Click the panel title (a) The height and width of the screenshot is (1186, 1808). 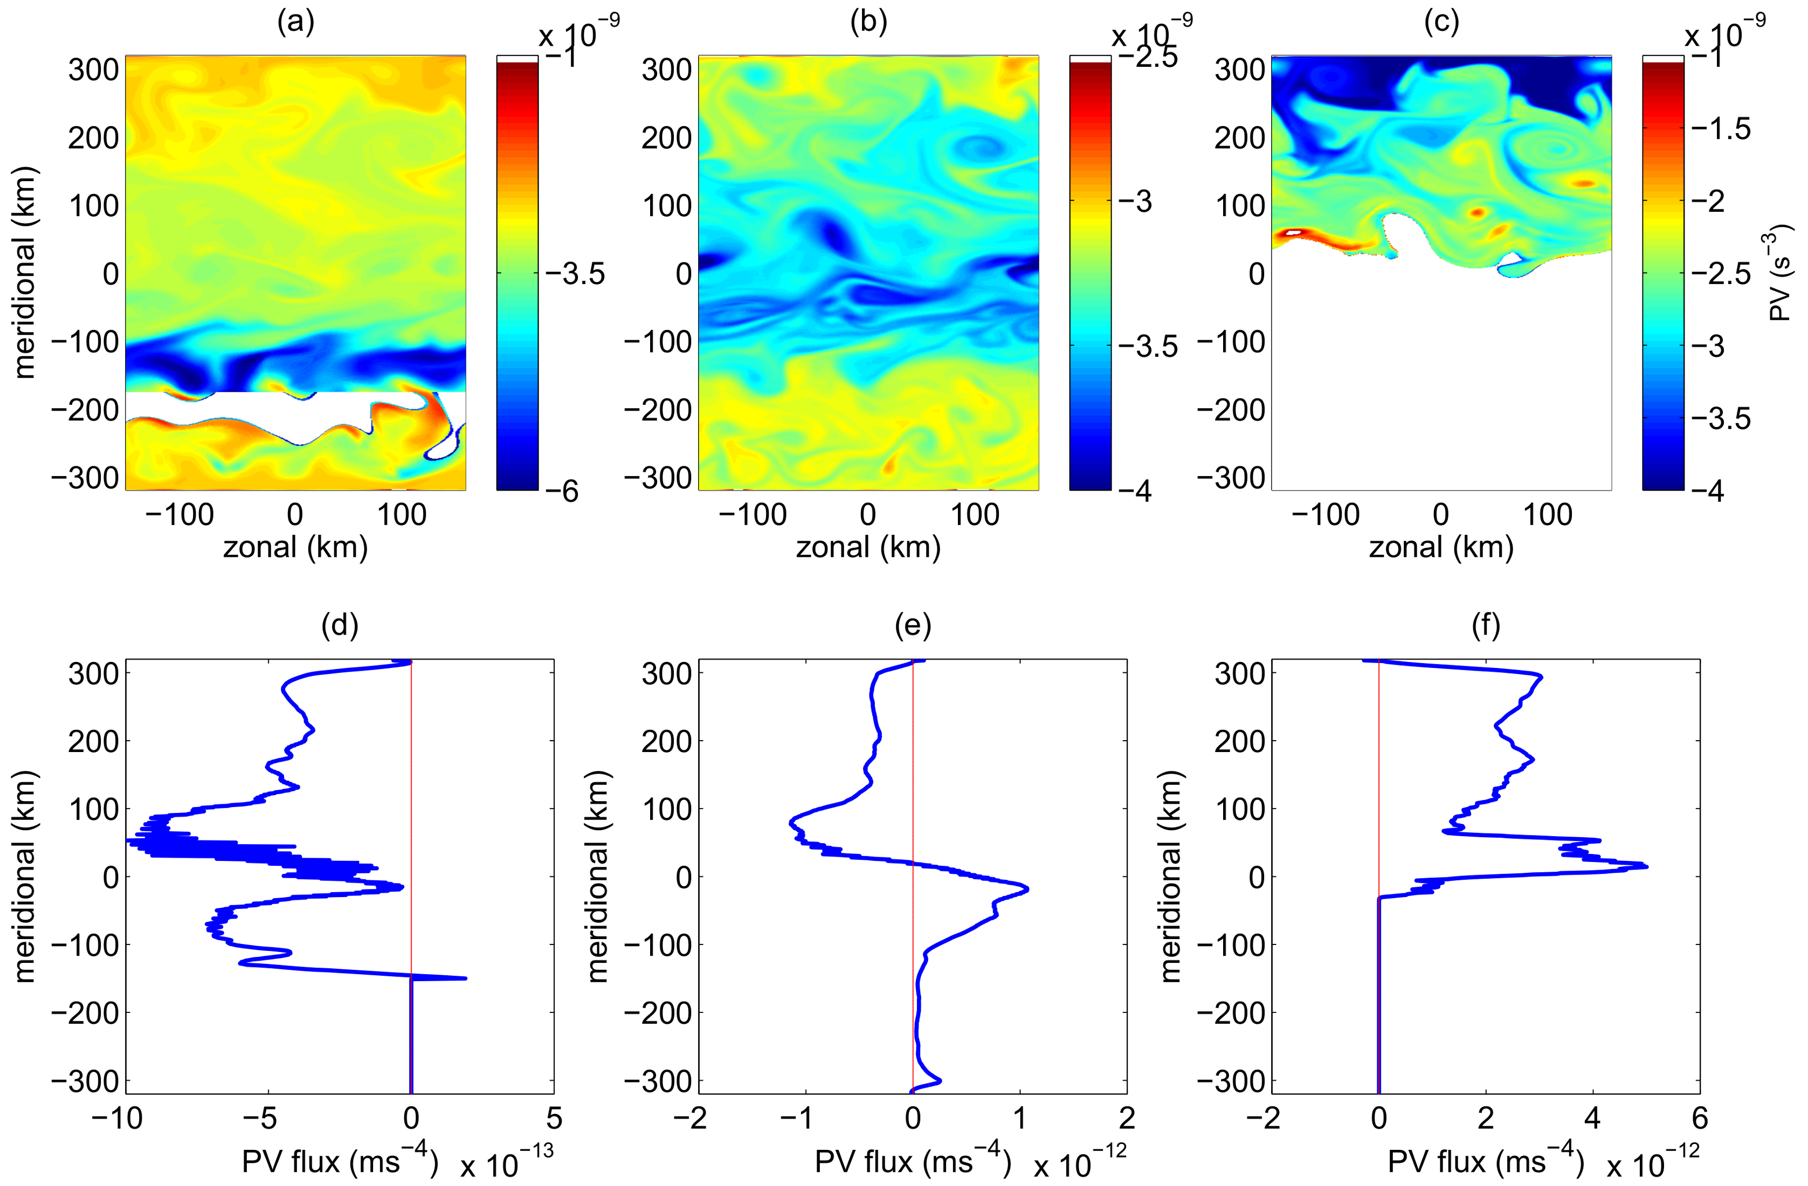point(295,23)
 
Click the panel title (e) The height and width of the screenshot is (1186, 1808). point(913,625)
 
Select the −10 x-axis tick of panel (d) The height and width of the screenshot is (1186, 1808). point(116,1119)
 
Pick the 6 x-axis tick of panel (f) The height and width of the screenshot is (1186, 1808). point(1699,1119)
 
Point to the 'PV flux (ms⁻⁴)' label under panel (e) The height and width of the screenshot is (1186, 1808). point(912,1162)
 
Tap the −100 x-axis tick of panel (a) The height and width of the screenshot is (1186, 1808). point(180,515)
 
